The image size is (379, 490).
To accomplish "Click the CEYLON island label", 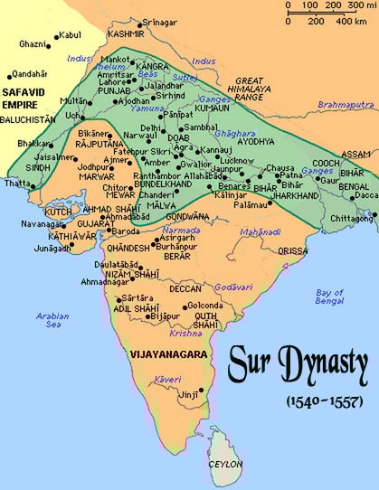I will point(226,465).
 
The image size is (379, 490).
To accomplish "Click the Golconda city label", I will point(209,306).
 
